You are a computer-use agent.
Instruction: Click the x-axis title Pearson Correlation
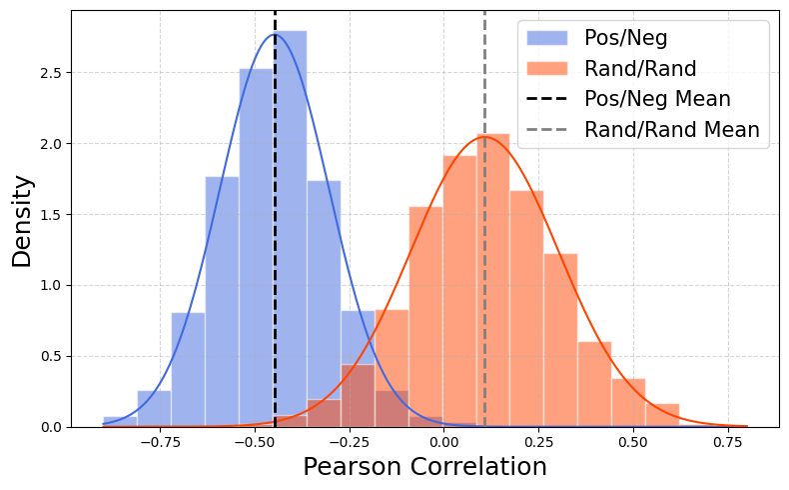(424, 467)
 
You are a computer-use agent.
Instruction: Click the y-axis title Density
(22, 221)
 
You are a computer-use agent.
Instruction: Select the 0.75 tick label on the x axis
(727, 441)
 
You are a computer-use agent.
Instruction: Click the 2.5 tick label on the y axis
(50, 73)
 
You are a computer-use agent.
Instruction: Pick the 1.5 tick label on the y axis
(50, 215)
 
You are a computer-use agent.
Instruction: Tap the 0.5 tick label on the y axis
(50, 357)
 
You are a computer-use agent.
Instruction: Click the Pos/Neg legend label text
(626, 39)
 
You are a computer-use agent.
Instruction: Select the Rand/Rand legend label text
(640, 69)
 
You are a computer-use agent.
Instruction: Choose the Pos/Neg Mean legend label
(657, 99)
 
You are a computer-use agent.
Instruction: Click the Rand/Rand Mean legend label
(672, 130)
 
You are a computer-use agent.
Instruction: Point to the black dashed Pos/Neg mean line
(275, 250)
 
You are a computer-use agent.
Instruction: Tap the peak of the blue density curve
(275, 35)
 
